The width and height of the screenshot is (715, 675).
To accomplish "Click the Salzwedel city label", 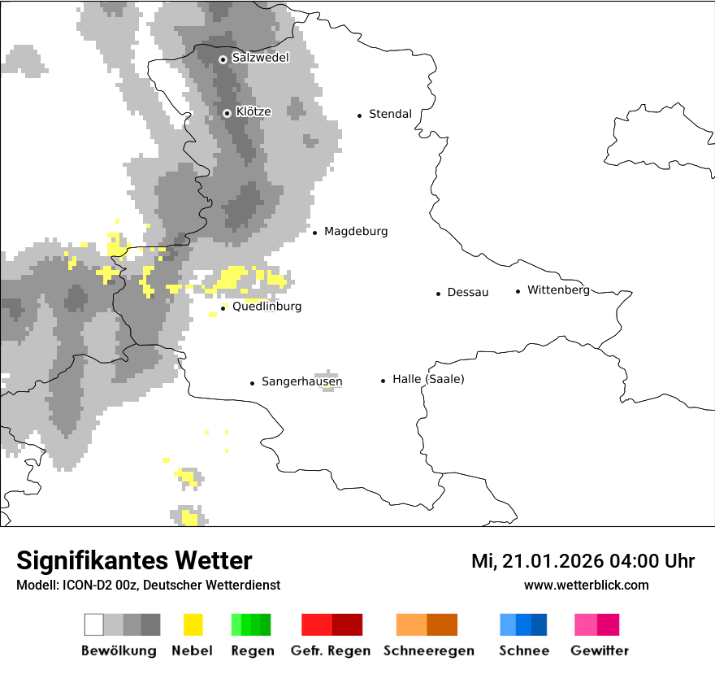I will tap(260, 58).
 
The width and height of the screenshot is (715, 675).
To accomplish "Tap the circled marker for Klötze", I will tap(227, 113).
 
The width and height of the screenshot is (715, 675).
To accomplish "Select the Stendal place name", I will tap(390, 114).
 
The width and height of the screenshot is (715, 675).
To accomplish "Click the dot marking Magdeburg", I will tap(314, 233).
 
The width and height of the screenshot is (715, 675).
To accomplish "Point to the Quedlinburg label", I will tap(266, 307).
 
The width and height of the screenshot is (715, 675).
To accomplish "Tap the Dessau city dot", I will tap(438, 293).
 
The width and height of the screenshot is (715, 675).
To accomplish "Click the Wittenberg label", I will tap(557, 290).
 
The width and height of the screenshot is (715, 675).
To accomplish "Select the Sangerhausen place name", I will tap(301, 381).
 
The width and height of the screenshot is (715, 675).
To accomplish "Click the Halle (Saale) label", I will tap(428, 379).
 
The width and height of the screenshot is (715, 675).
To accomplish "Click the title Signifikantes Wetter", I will tap(134, 560).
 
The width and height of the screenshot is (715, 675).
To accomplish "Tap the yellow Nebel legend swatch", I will tap(193, 625).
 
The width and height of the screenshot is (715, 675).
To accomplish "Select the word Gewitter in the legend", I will tap(600, 651).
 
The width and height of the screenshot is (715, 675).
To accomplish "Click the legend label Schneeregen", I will tap(429, 651).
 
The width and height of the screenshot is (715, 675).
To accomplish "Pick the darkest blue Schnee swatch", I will tap(539, 625).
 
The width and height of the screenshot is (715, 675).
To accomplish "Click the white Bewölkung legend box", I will tap(94, 625).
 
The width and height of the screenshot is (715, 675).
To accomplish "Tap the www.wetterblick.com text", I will tap(586, 585).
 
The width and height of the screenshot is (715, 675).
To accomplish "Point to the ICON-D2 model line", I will tap(148, 585).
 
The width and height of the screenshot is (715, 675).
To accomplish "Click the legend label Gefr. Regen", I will tap(330, 651).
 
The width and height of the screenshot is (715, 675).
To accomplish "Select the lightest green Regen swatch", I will tap(236, 625).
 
